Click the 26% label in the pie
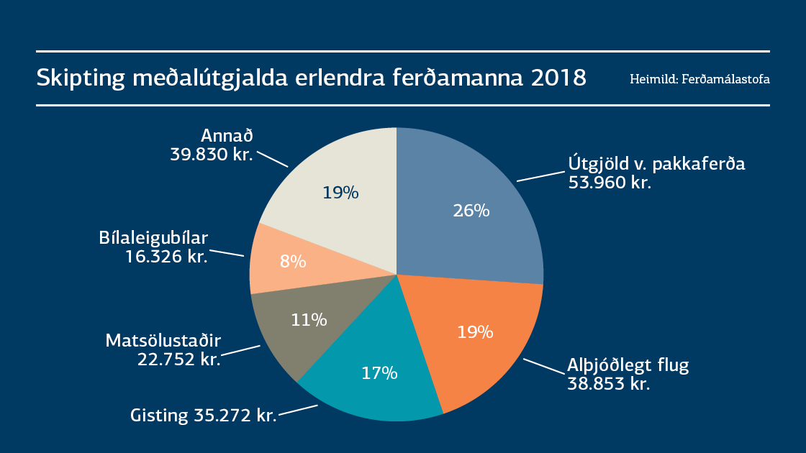coord(471,211)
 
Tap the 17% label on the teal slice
coord(379,373)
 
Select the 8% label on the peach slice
coord(293,262)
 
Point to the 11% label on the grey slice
coord(309,319)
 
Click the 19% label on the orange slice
coord(476,332)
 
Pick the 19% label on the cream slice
coord(340,193)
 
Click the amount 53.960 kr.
coord(610,183)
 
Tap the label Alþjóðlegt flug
coord(628,365)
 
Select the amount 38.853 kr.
coord(609,384)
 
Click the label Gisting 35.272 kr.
coord(204,416)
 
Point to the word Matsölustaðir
coord(163,339)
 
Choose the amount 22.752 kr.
coord(178,359)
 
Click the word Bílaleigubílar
coord(153,237)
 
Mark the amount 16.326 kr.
coord(166,256)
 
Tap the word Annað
coord(227,135)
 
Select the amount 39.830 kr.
coord(212,154)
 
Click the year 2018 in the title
coord(558,78)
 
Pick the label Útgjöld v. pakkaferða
coord(656,164)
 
